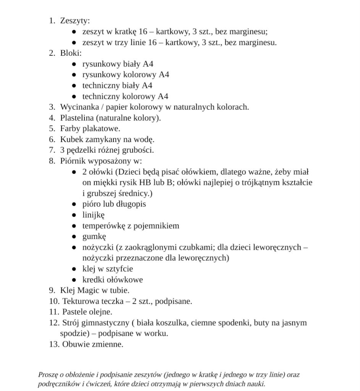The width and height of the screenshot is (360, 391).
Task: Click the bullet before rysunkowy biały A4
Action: tap(74, 64)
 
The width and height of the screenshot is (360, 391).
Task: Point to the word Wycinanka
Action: tap(79, 107)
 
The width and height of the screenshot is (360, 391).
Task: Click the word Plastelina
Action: tap(77, 118)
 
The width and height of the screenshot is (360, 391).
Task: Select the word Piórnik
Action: tap(74, 161)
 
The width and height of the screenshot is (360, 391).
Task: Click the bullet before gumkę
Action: tap(74, 236)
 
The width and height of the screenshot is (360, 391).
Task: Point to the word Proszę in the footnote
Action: tap(48, 375)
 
